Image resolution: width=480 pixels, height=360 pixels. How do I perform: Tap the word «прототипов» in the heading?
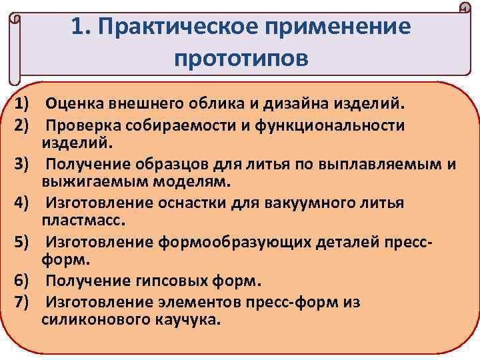click(241, 58)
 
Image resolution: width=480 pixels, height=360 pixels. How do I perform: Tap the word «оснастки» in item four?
click(184, 203)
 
